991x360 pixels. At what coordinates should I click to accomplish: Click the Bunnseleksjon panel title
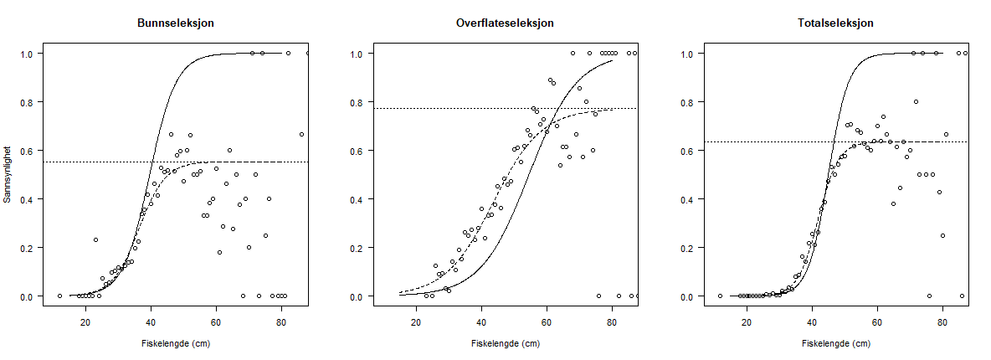(x=175, y=23)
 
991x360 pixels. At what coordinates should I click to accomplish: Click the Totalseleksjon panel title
(x=836, y=23)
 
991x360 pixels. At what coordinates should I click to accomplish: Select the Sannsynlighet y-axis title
(x=8, y=175)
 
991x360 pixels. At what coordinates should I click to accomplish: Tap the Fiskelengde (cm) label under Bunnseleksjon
(x=175, y=343)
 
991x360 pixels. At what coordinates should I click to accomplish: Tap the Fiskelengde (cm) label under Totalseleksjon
(x=836, y=343)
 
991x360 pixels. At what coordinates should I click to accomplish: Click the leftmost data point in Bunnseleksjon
(x=59, y=296)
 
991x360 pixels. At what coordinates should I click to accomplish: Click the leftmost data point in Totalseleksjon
(x=720, y=296)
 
